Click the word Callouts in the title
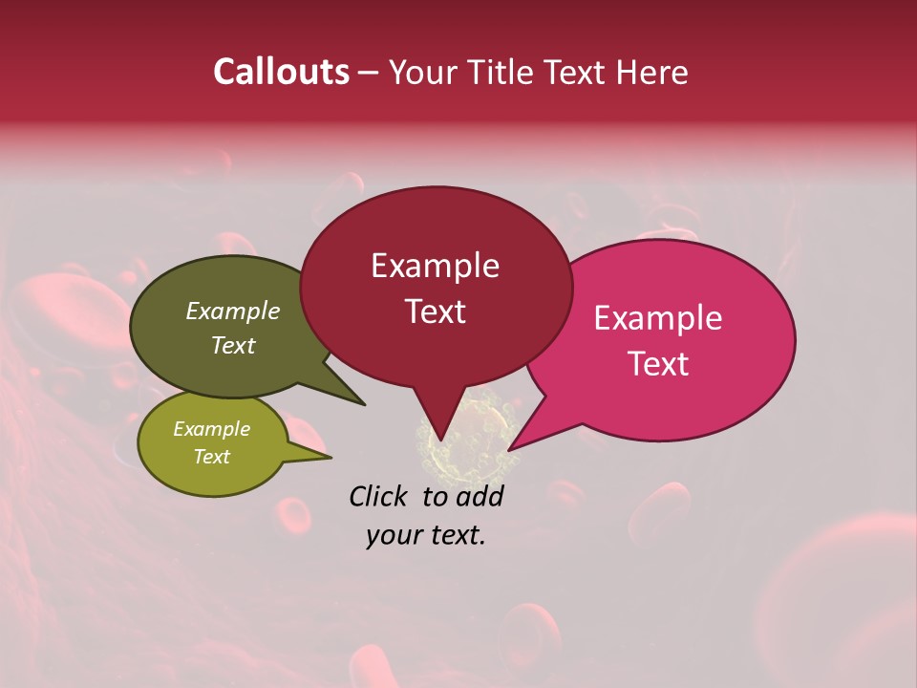[281, 72]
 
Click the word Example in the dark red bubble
[435, 266]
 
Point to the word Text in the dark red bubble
[435, 312]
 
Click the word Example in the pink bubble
[658, 318]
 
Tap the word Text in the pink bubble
[658, 364]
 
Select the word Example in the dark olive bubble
[232, 312]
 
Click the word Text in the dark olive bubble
[232, 345]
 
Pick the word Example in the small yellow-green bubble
[211, 429]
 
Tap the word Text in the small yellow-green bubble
[211, 457]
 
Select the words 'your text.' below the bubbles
[426, 535]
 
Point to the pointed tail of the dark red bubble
[440, 430]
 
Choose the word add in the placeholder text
[480, 496]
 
